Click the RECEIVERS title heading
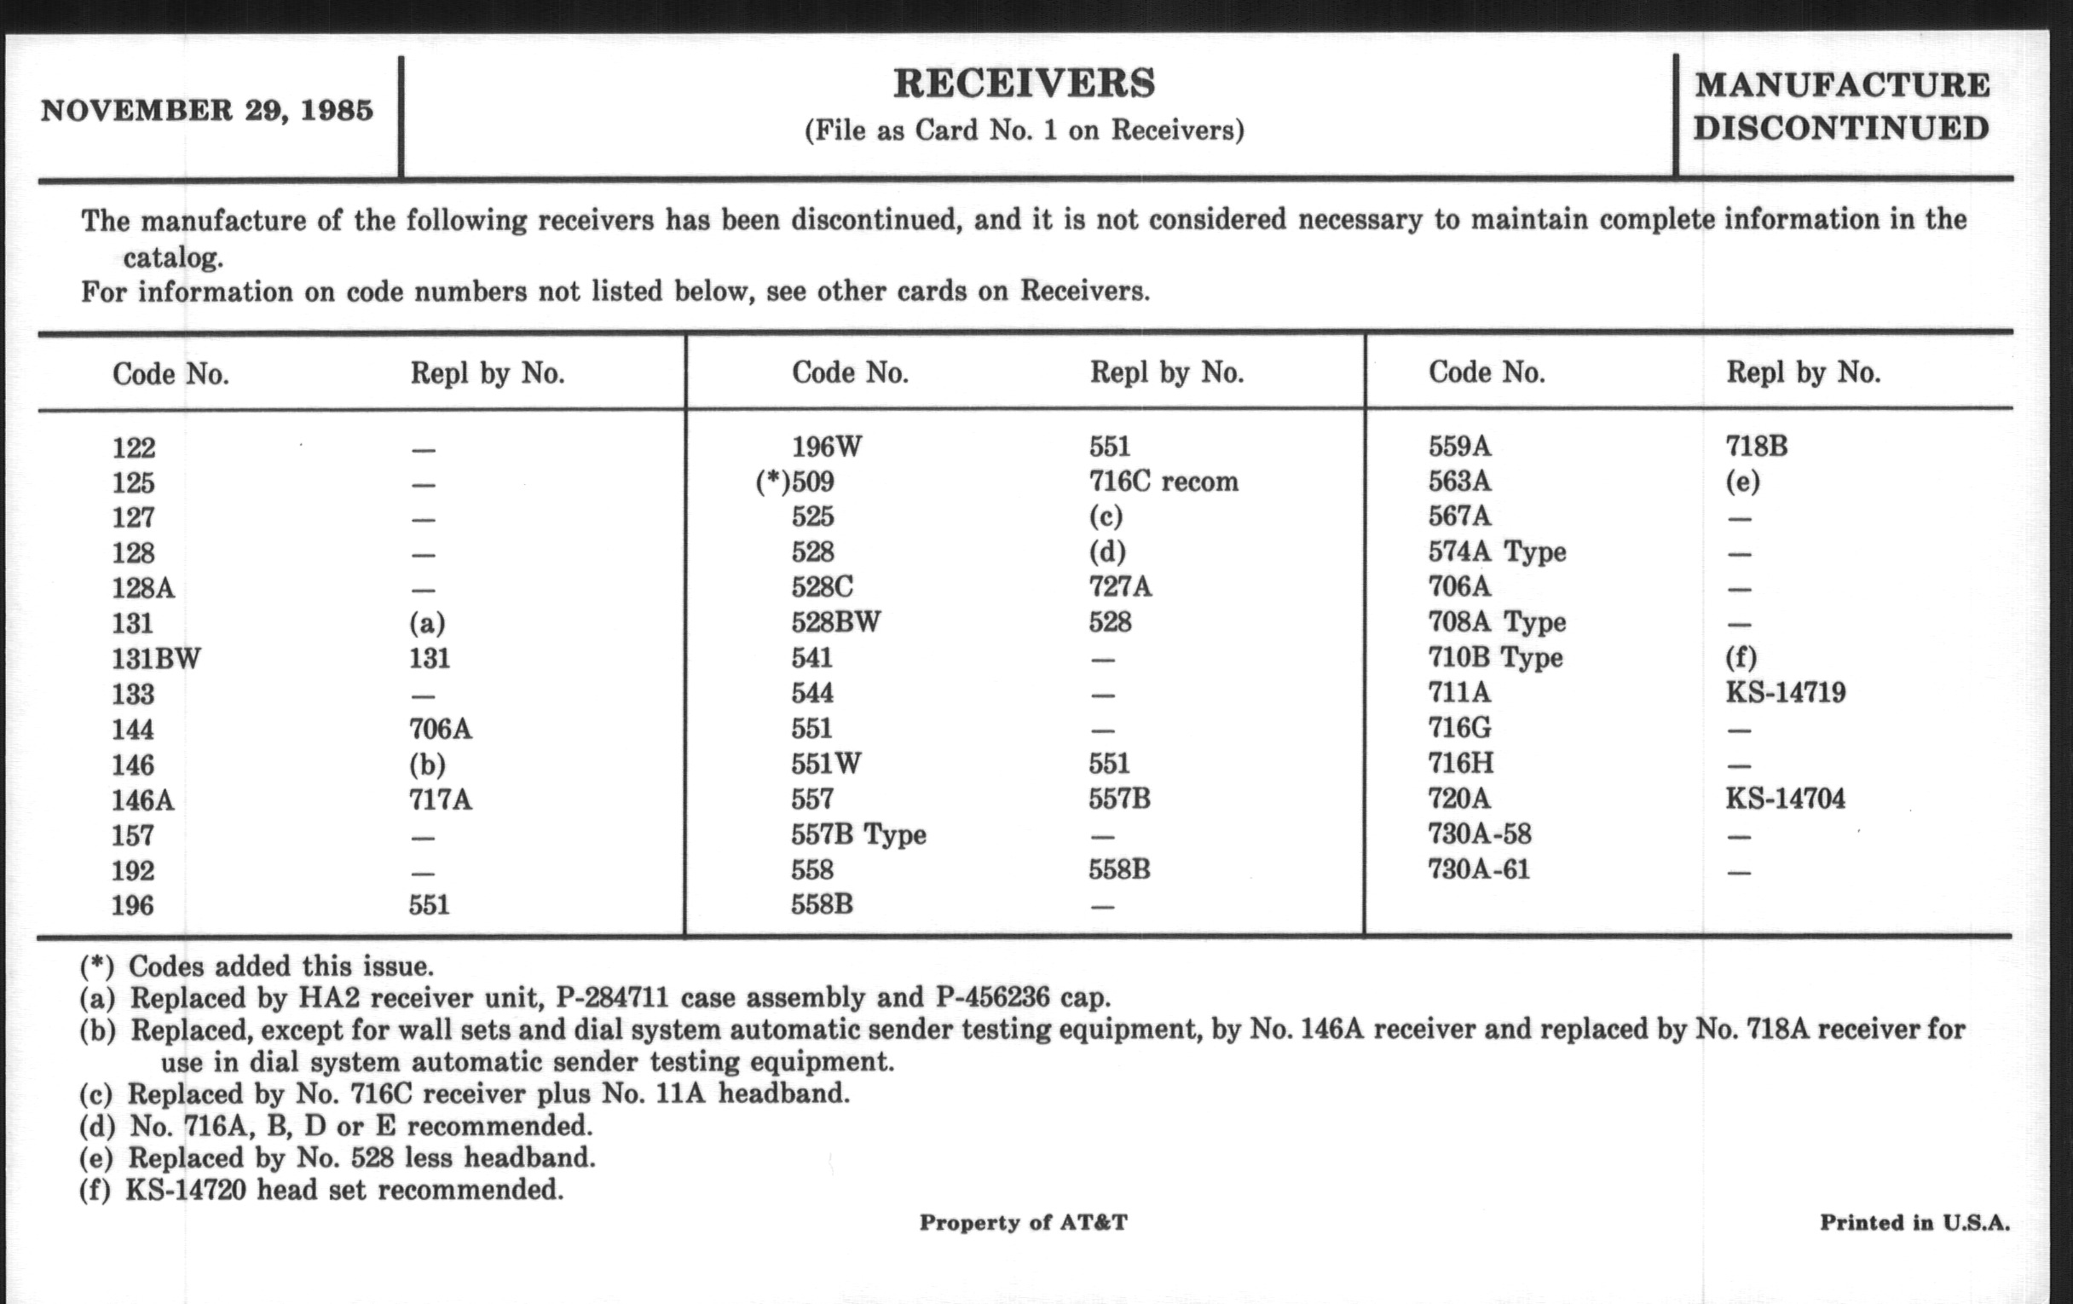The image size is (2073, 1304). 1024,84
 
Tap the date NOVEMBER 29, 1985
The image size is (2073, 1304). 206,111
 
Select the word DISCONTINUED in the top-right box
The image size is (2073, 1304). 1840,128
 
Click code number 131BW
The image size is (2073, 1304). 156,659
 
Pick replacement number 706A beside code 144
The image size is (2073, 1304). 440,729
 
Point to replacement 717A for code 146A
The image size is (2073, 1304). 440,799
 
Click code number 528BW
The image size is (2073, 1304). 835,621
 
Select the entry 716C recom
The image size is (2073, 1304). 1163,482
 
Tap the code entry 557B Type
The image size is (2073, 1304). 858,834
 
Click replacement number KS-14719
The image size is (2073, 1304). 1785,692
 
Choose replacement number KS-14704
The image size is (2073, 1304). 1785,798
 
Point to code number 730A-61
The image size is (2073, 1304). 1478,869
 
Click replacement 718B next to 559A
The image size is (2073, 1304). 1756,446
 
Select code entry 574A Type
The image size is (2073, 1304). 1496,551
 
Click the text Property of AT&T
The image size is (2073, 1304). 1023,1222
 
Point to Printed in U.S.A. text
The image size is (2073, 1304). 1914,1222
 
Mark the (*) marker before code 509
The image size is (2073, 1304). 771,482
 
